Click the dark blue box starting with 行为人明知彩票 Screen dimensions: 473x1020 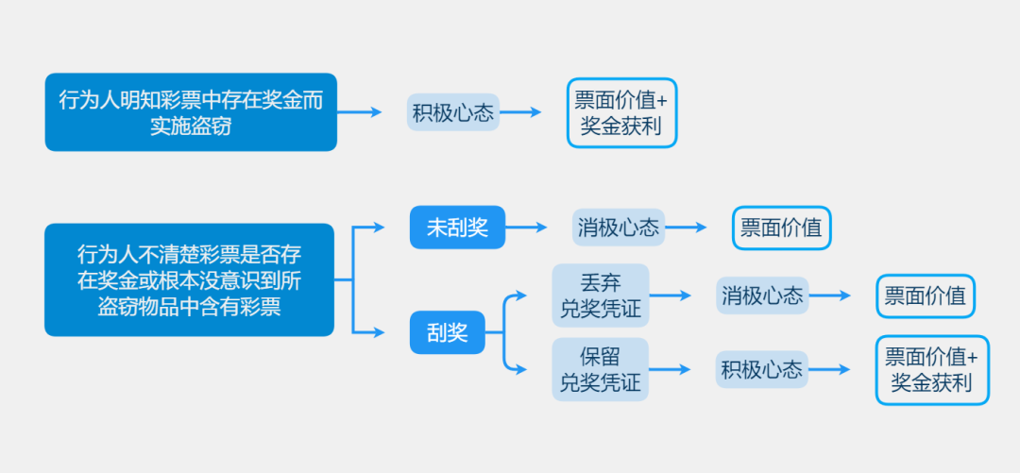(191, 112)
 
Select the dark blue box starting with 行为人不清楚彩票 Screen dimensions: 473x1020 (189, 280)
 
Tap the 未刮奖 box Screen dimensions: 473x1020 (457, 228)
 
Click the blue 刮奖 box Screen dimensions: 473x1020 (447, 332)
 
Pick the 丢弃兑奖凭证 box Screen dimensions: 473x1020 (601, 296)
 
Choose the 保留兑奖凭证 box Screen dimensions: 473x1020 (601, 369)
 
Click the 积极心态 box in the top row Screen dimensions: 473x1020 (453, 112)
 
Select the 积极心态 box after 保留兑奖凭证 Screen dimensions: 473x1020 (761, 369)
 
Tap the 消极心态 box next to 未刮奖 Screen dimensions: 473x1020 (618, 228)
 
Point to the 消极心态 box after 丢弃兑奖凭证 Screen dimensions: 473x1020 (761, 296)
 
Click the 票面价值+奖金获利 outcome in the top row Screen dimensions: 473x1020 (621, 112)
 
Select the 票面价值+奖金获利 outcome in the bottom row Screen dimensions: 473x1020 (931, 369)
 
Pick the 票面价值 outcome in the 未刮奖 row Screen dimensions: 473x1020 (781, 228)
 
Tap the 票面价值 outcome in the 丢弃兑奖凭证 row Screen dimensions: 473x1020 (925, 296)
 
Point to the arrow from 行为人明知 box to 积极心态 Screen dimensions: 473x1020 (360, 112)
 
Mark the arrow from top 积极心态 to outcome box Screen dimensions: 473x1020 (520, 112)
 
